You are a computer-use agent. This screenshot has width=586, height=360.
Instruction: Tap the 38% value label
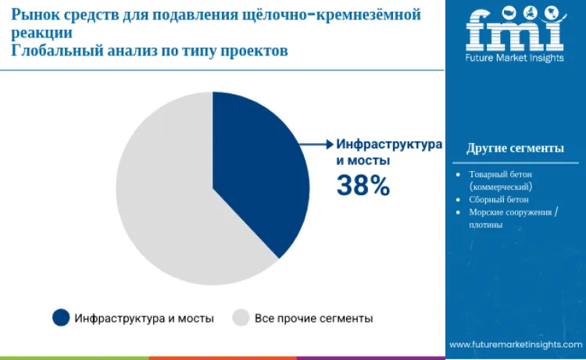(x=363, y=185)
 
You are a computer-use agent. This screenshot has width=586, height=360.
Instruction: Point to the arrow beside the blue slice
(x=316, y=144)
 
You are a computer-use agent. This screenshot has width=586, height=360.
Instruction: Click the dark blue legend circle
(x=61, y=317)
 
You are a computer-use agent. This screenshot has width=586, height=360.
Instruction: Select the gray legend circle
(x=241, y=317)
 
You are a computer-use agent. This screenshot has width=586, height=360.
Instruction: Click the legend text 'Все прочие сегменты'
(x=313, y=318)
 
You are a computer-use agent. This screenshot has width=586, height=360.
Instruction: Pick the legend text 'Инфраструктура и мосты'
(x=145, y=318)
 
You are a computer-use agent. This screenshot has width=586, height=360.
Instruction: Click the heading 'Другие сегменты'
(x=515, y=148)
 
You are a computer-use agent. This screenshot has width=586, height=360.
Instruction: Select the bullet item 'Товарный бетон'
(x=498, y=174)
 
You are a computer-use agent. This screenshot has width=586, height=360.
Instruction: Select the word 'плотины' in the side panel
(x=486, y=225)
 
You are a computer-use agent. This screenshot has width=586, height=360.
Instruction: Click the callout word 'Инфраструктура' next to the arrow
(x=389, y=144)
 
